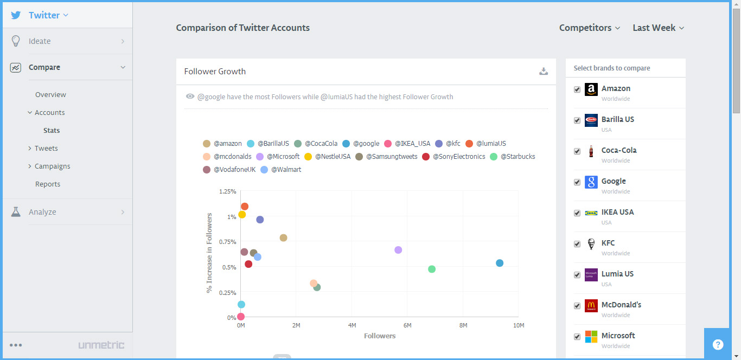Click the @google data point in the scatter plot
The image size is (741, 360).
(x=500, y=263)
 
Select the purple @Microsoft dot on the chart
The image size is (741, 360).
(x=398, y=250)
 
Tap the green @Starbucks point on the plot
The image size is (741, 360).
(x=432, y=269)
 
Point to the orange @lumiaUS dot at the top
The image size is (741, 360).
(x=245, y=207)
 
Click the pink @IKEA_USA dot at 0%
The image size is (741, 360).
(x=241, y=317)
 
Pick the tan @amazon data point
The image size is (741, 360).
(x=283, y=237)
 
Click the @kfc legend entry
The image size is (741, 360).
(x=448, y=144)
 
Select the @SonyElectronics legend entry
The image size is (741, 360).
(x=453, y=156)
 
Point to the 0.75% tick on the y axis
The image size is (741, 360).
(x=228, y=242)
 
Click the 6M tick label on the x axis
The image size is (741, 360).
(x=407, y=325)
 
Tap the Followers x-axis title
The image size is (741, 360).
(x=380, y=336)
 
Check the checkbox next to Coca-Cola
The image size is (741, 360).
(x=577, y=151)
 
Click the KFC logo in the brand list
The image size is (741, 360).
(x=591, y=244)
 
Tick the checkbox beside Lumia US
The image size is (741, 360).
(x=577, y=275)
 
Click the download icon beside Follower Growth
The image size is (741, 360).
(x=543, y=71)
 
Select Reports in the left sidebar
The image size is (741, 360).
(x=48, y=184)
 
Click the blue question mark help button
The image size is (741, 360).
(x=718, y=344)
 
